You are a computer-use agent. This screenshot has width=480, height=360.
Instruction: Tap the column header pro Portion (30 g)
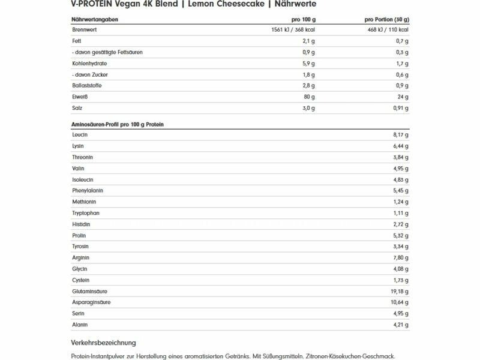[388, 19]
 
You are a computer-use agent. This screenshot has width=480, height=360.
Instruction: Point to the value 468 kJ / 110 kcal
[388, 29]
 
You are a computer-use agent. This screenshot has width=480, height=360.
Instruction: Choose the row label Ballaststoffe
[86, 86]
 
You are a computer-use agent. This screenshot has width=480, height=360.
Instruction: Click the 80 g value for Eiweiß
[309, 97]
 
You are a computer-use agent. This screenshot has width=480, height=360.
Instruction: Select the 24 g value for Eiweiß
[403, 97]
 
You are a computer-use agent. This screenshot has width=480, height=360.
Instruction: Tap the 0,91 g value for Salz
[399, 108]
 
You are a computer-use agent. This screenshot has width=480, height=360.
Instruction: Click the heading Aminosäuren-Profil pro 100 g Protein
[118, 124]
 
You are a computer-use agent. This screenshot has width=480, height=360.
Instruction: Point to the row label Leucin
[80, 135]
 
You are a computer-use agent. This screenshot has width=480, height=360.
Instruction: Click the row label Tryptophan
[85, 213]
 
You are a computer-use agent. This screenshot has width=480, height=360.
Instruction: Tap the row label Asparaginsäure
[91, 302]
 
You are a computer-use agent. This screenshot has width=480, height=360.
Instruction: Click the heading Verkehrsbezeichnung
[103, 343]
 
